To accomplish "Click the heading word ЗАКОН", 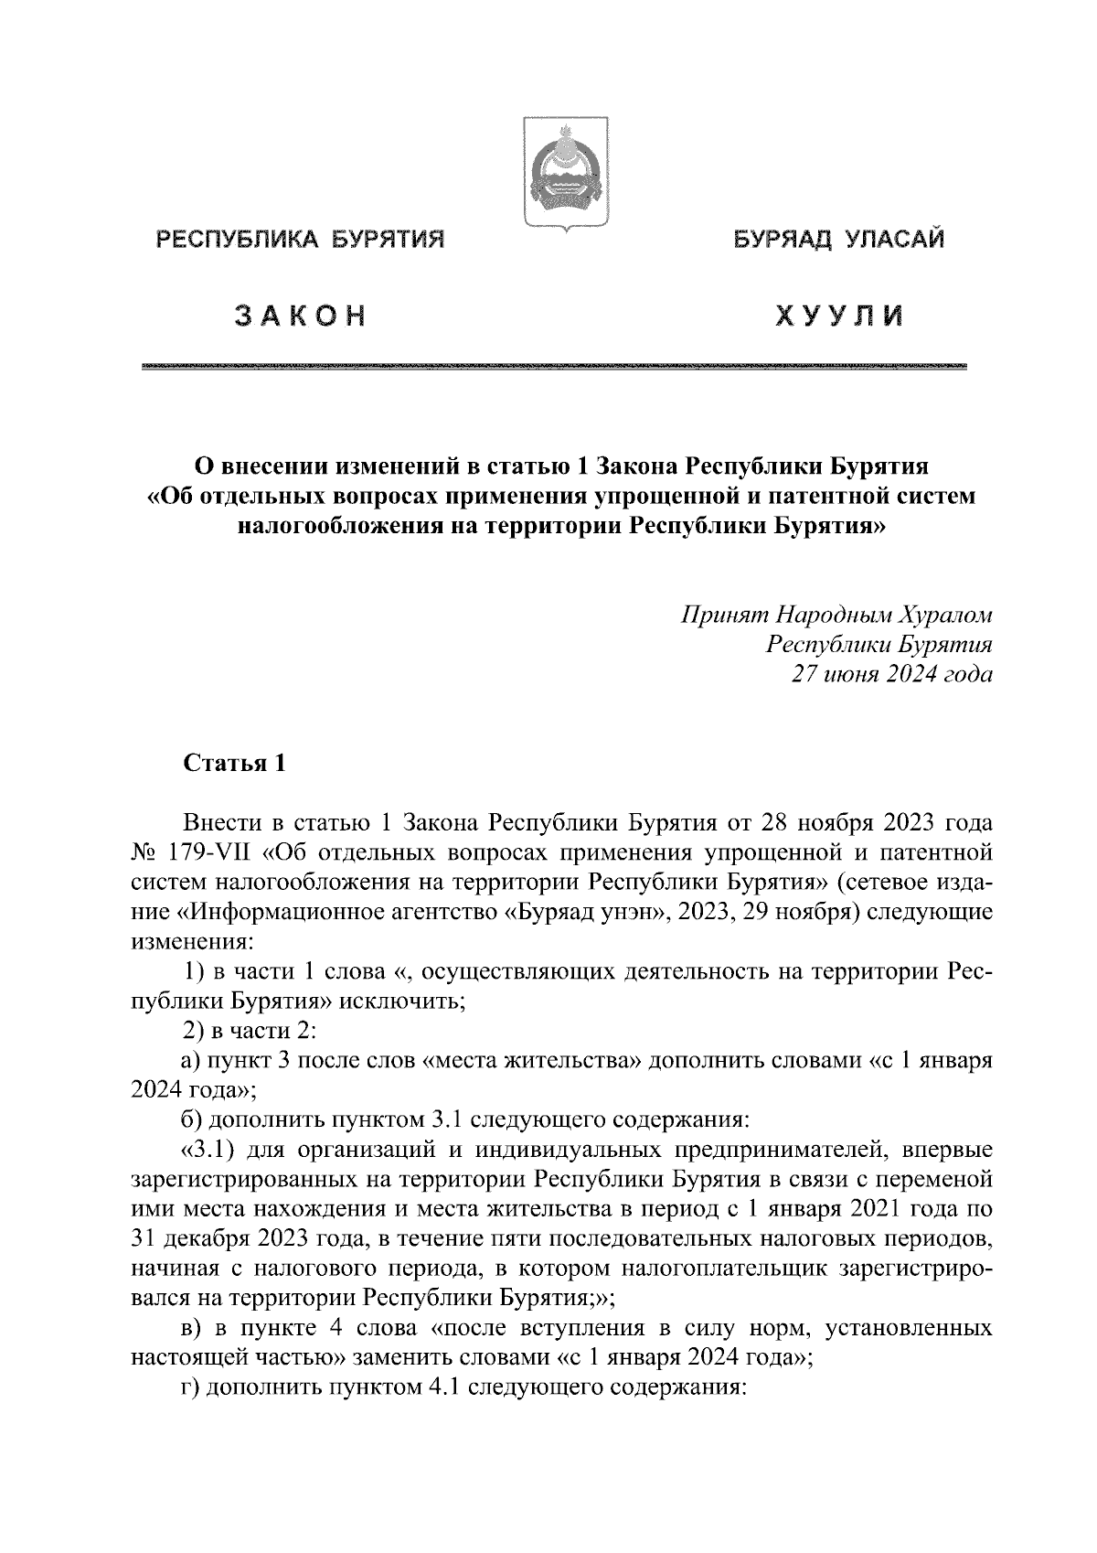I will point(300,316).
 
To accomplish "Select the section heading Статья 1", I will point(235,764).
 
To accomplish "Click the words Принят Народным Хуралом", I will point(836,614).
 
